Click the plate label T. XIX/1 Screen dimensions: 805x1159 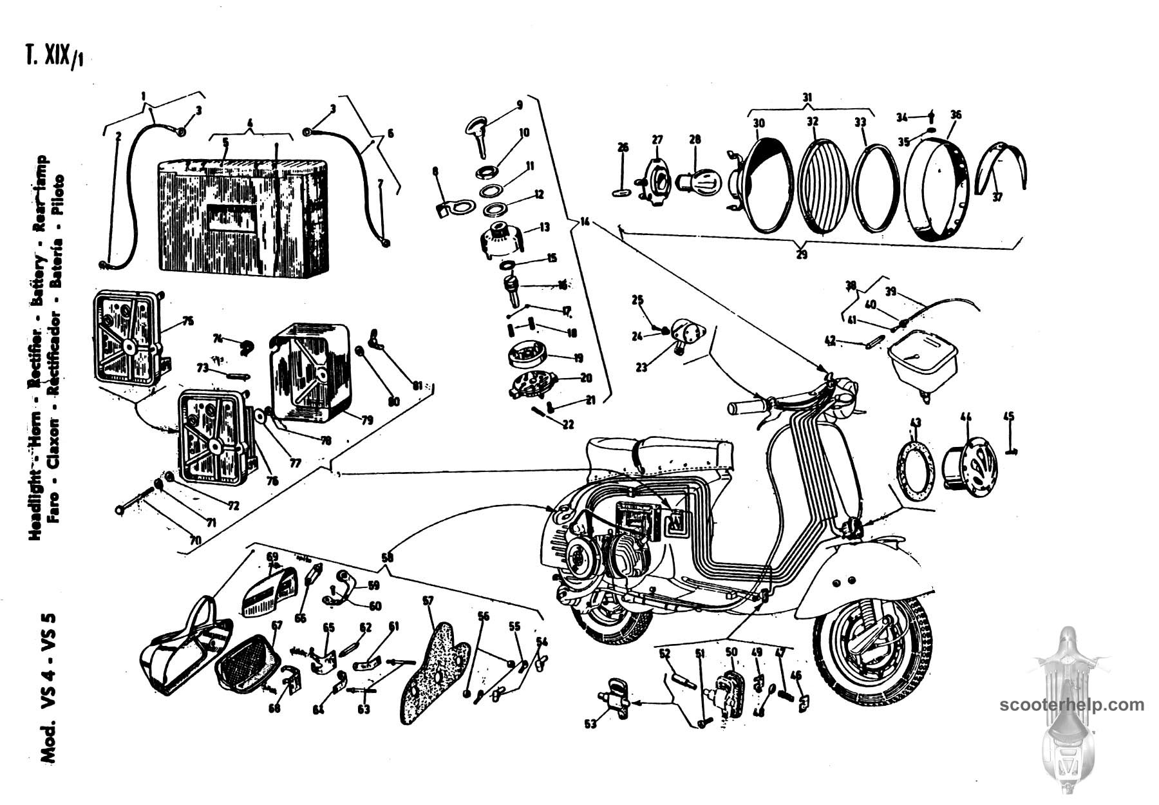(54, 57)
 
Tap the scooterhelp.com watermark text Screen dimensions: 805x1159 (1072, 705)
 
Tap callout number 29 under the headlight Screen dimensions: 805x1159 (801, 254)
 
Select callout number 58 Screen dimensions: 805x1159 (386, 558)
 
